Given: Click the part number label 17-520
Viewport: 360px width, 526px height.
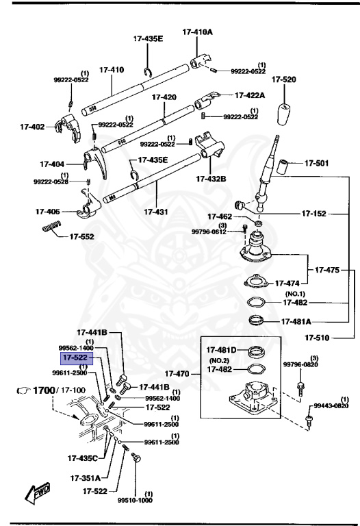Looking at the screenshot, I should point(284,80).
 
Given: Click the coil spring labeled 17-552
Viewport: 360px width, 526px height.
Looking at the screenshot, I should point(52,227).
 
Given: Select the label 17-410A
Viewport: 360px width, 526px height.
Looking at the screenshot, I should point(197,32).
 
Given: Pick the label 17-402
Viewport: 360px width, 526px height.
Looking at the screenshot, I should point(32,127).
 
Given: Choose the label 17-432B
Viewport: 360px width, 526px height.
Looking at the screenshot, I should point(211,179).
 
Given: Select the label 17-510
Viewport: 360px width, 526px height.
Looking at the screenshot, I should point(319,337).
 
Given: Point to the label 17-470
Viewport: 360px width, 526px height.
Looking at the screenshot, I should point(180,374).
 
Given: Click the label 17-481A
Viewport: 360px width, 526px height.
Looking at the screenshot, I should point(295,321).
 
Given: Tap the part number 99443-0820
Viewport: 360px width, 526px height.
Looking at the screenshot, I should point(331,406).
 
